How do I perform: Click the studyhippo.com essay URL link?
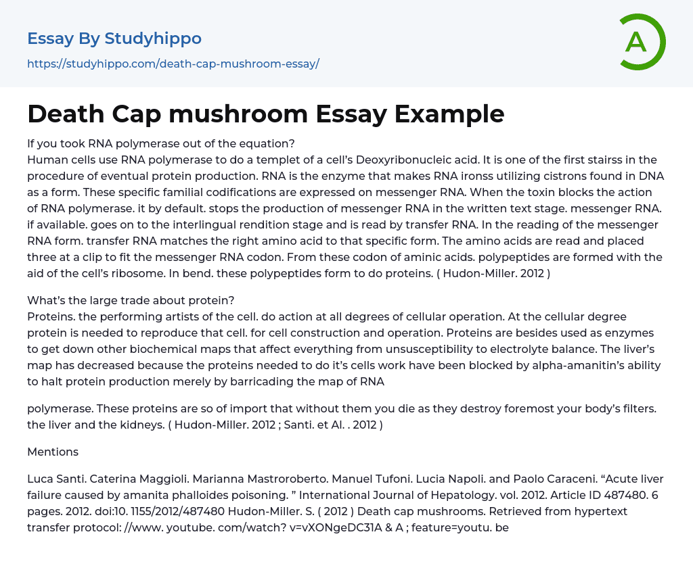(173, 64)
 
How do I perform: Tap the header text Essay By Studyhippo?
(114, 39)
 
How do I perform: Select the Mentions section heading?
(53, 452)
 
